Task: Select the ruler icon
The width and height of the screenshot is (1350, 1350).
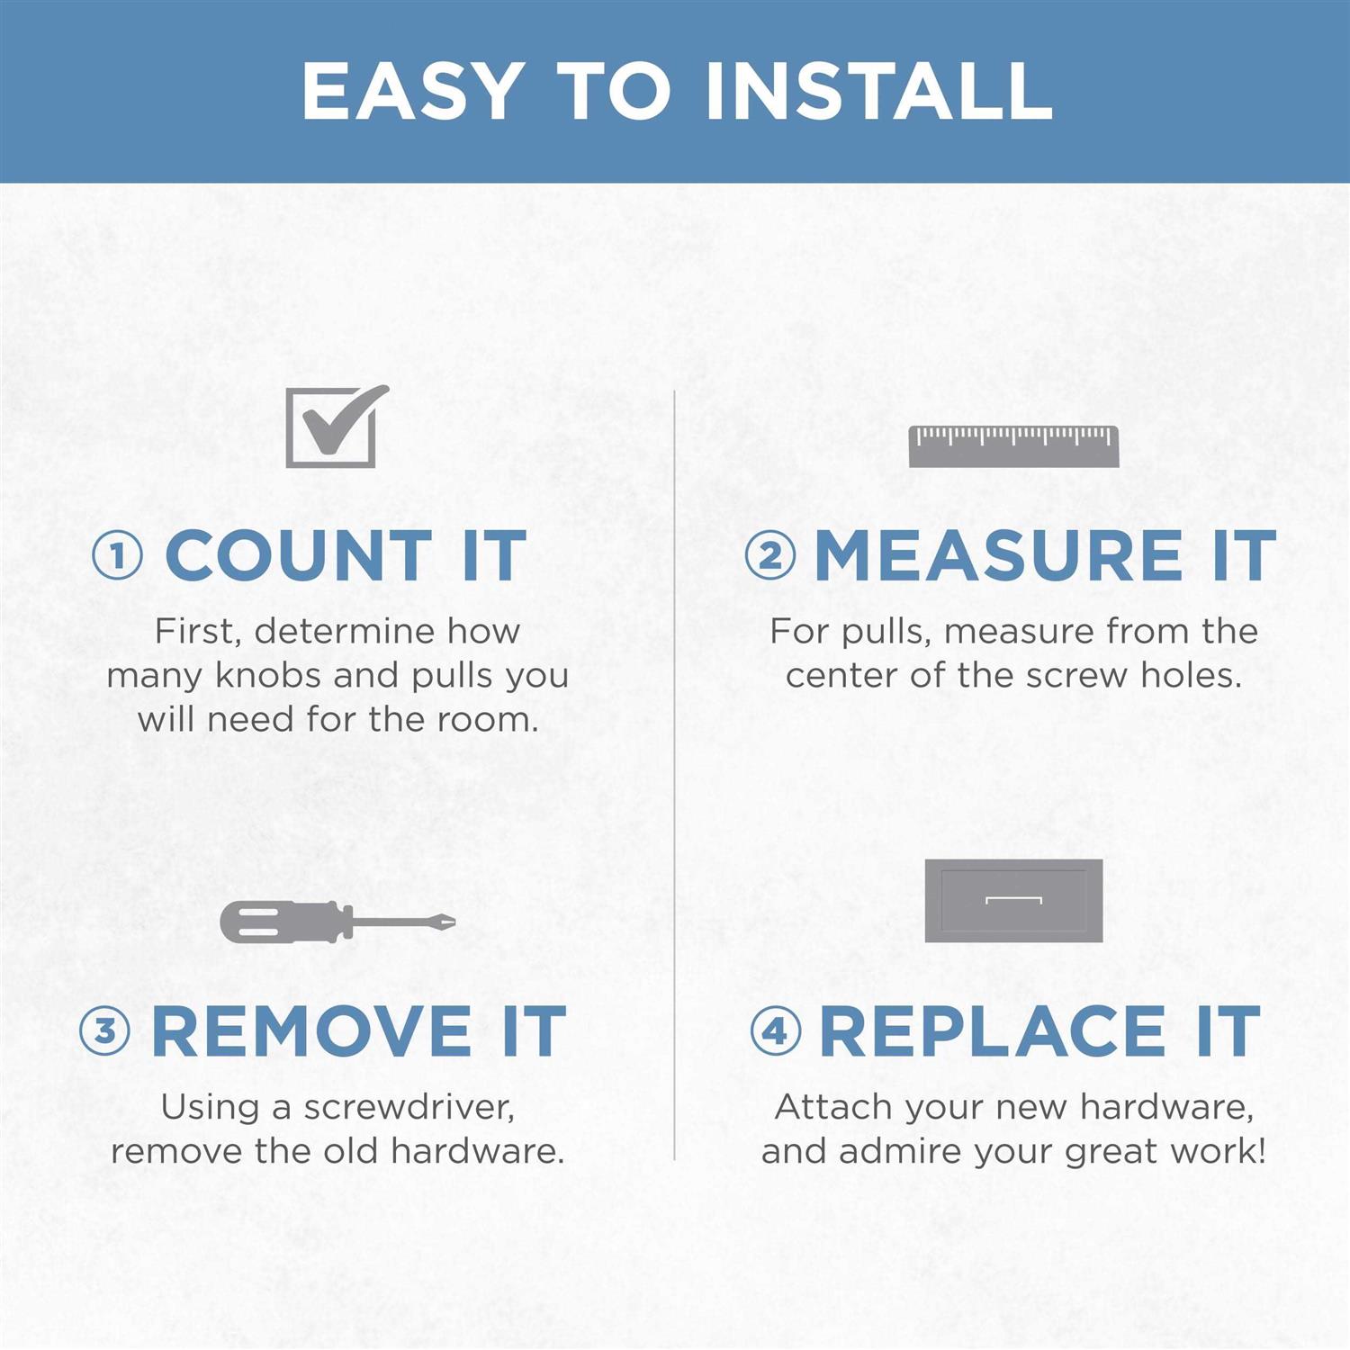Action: [1013, 446]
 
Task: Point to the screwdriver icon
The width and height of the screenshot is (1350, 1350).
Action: [337, 922]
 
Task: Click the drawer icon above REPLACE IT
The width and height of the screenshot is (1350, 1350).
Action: [1013, 900]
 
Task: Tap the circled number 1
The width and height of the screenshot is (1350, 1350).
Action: [118, 555]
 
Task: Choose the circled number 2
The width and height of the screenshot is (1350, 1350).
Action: [770, 555]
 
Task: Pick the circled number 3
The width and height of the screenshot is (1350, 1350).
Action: [105, 1030]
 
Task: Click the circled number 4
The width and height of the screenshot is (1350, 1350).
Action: [776, 1030]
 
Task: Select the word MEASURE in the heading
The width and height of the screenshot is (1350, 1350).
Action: [999, 555]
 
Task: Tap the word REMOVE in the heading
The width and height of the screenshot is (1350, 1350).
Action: [311, 1030]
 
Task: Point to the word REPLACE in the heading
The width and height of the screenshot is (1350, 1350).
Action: [993, 1030]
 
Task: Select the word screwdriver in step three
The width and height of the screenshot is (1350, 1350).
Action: [409, 1108]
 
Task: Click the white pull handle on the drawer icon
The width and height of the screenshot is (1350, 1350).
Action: [1013, 899]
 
